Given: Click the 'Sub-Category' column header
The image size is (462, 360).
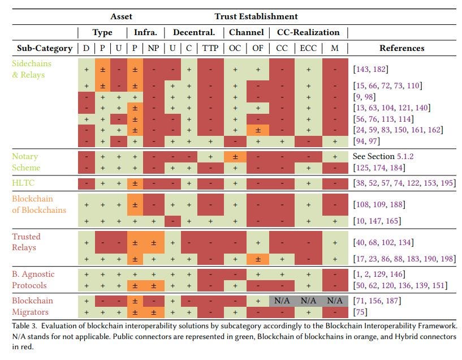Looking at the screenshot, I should point(45,48).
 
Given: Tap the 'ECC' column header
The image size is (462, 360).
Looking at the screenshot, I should point(308,48).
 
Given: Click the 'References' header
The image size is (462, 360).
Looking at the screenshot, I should point(401,48).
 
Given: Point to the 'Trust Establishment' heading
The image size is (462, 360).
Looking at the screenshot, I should point(256,16).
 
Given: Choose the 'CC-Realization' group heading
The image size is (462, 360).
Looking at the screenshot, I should point(308,32).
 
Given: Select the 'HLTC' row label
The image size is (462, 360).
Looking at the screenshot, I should point(23,182).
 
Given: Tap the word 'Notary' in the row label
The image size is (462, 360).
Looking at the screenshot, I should point(25,156).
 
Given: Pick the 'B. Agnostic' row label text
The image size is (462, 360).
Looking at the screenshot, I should point(33,274).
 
